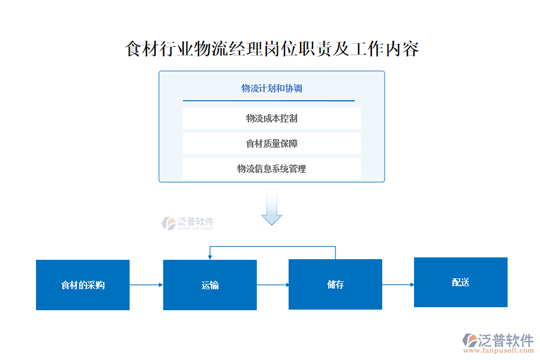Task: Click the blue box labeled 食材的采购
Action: pyautogui.click(x=83, y=285)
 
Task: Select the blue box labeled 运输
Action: pyautogui.click(x=210, y=285)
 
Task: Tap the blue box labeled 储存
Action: pyautogui.click(x=335, y=284)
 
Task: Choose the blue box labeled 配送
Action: pyautogui.click(x=461, y=282)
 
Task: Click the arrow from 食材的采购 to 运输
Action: pyautogui.click(x=146, y=285)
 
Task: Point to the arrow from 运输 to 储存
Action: pyautogui.click(x=273, y=285)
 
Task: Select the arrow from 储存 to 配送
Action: pyautogui.click(x=398, y=284)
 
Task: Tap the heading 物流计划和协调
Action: pyautogui.click(x=272, y=88)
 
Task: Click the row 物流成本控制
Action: pyautogui.click(x=272, y=118)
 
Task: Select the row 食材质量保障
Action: pyautogui.click(x=272, y=143)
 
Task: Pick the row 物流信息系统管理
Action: pyautogui.click(x=272, y=169)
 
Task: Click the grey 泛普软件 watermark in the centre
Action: pyautogui.click(x=188, y=223)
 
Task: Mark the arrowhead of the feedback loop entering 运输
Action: pyautogui.click(x=209, y=256)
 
